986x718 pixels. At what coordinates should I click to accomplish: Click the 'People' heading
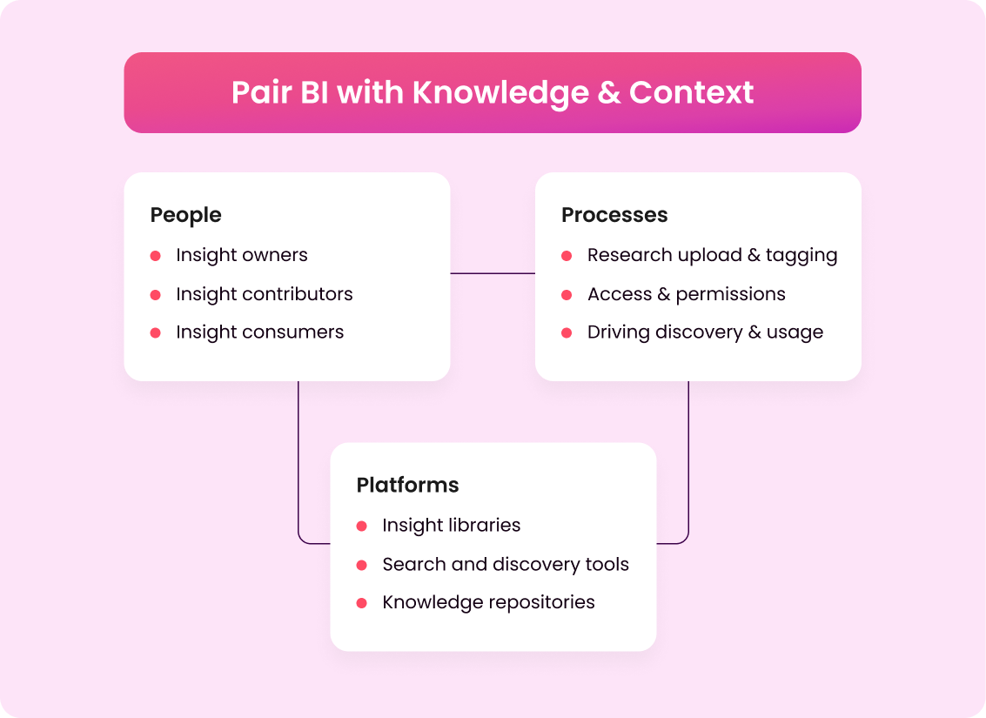[x=185, y=215]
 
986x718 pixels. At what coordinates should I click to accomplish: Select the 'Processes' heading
[x=614, y=215]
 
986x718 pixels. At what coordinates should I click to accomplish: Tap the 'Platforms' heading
[x=407, y=485]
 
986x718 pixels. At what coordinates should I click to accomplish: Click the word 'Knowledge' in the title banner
[x=500, y=92]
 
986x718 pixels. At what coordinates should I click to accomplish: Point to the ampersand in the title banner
[x=609, y=92]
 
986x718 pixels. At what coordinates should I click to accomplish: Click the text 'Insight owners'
[x=241, y=255]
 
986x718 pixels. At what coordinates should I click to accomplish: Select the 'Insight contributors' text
[x=264, y=294]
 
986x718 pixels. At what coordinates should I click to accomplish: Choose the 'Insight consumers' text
[x=259, y=332]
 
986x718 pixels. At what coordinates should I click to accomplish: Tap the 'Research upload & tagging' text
[x=712, y=255]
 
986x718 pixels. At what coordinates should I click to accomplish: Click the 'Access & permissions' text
[x=686, y=294]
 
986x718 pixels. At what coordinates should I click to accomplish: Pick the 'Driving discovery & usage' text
[x=705, y=332]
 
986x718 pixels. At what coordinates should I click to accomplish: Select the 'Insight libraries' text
[x=451, y=526]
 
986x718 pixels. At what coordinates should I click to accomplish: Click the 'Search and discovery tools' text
[x=505, y=564]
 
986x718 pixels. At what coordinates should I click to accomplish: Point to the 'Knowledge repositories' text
[x=488, y=602]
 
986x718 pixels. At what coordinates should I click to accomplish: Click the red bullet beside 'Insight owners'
[x=156, y=256]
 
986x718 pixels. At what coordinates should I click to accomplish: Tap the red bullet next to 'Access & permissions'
[x=567, y=295]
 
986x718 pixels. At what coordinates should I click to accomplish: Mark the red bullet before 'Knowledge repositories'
[x=362, y=603]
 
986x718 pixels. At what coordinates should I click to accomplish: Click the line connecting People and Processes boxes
[x=493, y=273]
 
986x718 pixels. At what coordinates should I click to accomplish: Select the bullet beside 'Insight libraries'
[x=362, y=527]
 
